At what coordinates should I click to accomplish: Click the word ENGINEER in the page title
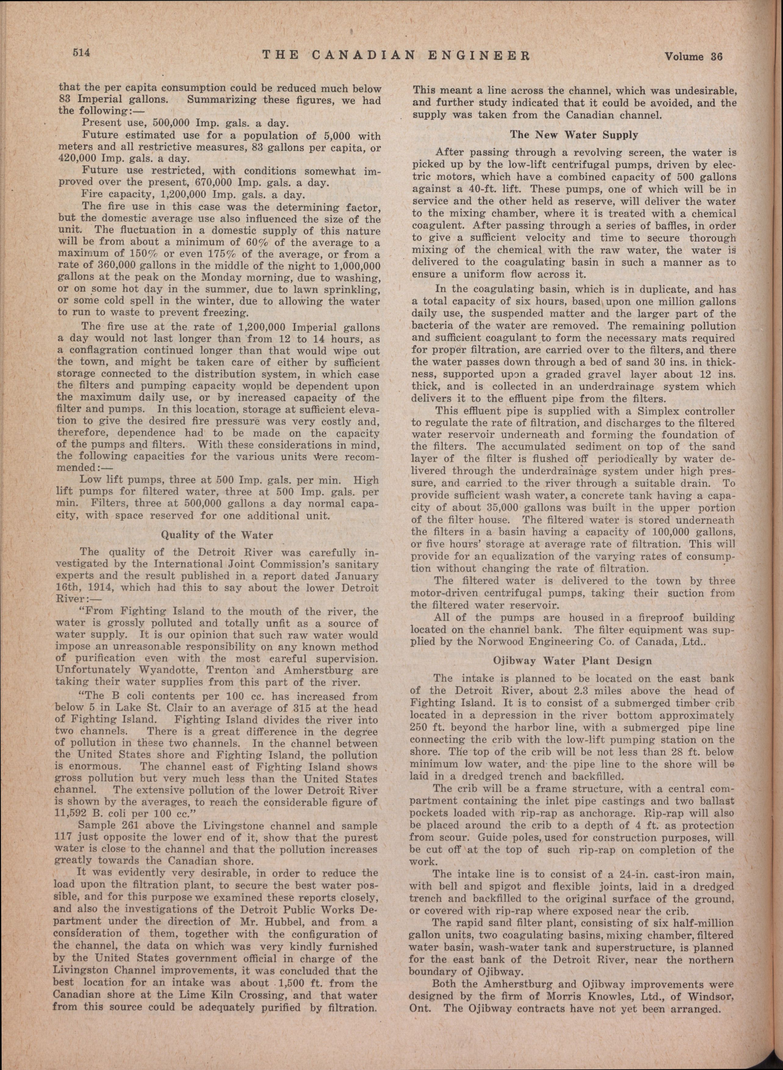[x=483, y=56]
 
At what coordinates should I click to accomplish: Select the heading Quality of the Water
[x=217, y=535]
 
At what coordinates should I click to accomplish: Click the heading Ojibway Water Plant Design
[x=573, y=660]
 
